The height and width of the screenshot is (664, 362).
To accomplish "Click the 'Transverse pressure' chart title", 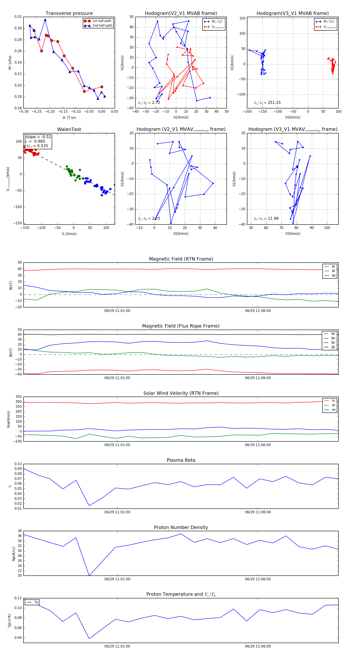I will pos(69,13).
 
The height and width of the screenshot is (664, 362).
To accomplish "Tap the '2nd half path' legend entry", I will pos(102,26).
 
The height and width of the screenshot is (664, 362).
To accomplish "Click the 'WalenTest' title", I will pos(69,129).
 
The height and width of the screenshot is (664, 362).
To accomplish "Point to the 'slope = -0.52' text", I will pos(38,137).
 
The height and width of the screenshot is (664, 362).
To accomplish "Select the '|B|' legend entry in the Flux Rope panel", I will pos(333,347).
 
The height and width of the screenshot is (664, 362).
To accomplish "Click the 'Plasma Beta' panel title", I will pos(181,460).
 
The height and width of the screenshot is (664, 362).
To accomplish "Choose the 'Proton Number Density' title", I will pos(181,527).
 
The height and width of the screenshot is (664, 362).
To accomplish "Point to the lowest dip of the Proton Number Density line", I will pos(89,575).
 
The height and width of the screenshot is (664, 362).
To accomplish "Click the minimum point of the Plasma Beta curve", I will pos(89,505).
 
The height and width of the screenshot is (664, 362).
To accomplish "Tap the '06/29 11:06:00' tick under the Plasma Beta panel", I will pos(258,512).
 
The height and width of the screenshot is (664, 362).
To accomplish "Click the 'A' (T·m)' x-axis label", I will pos(69,118).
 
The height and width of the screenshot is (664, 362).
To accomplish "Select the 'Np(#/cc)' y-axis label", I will pos(14,554).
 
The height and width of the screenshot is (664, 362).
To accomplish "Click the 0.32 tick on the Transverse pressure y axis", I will pos(18,17).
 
